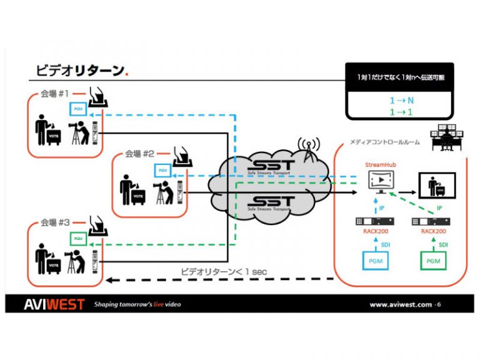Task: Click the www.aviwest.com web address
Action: coord(400,305)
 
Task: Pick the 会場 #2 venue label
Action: coord(140,153)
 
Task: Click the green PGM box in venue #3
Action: coord(78,238)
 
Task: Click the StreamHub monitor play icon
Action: coord(380,180)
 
